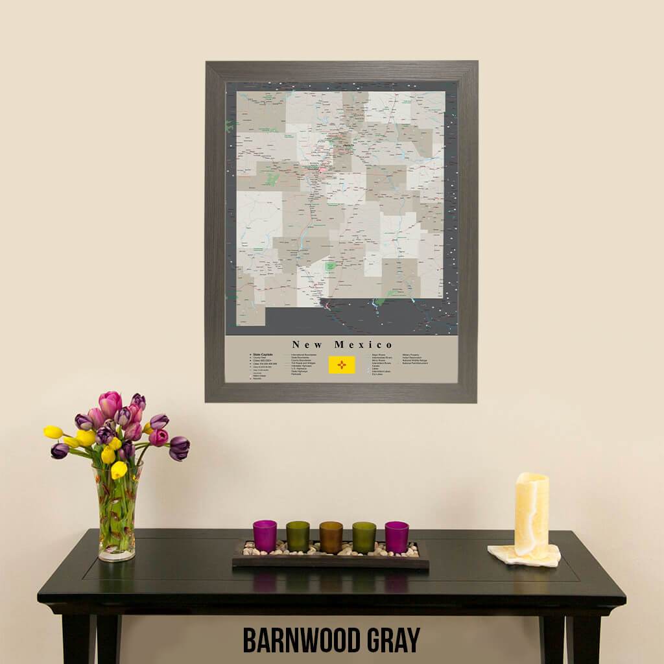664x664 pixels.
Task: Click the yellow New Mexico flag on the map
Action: coord(342,365)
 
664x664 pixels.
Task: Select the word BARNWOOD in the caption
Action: coord(307,641)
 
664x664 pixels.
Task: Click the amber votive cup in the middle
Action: coord(331,537)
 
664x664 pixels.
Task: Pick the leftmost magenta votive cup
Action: coord(265,536)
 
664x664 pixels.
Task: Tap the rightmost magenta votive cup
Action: coord(396,537)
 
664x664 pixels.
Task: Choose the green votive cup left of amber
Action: coord(298,536)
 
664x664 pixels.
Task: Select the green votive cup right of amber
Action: coord(364,537)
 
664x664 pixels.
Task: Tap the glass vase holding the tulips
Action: coord(117,519)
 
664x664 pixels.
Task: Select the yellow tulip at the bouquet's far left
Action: coord(53,432)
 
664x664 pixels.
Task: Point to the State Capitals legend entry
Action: coord(262,355)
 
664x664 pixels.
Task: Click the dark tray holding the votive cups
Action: coord(331,562)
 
